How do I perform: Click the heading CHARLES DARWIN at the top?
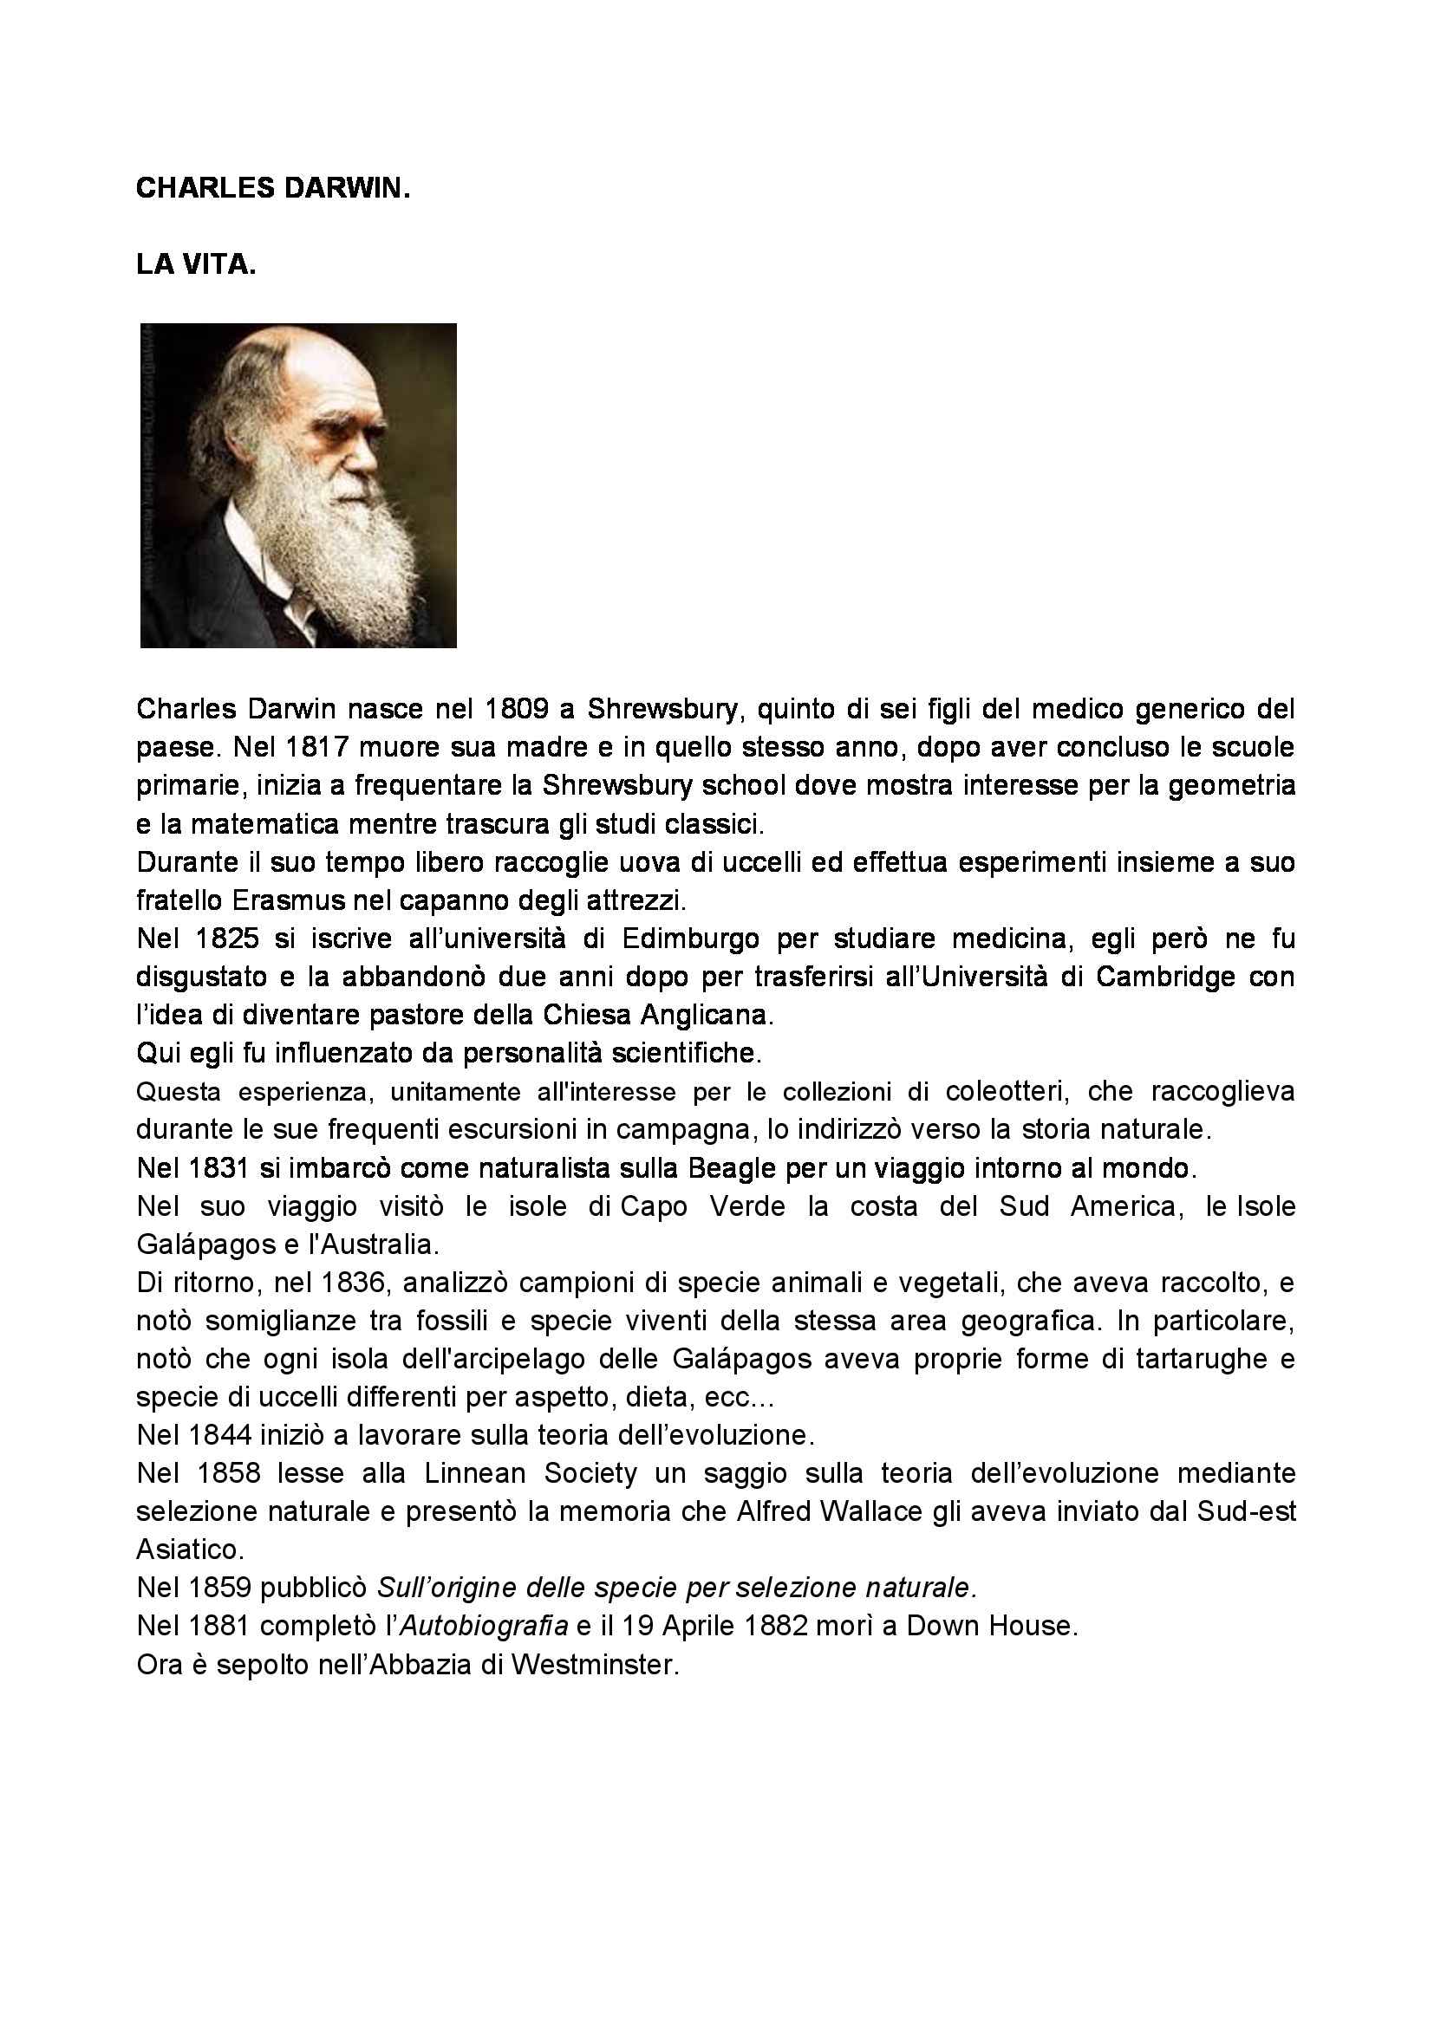point(273,189)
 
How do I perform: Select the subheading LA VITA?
point(196,265)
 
